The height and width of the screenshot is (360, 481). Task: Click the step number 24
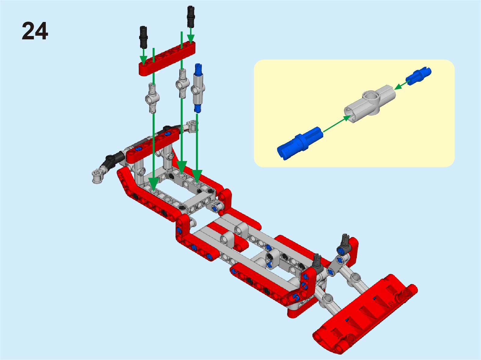coord(35,31)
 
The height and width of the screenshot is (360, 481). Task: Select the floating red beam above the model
coord(167,59)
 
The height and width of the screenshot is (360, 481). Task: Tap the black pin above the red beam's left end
coord(143,37)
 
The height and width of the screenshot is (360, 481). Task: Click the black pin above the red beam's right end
coord(191,17)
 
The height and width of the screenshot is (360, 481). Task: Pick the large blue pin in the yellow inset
coord(300,143)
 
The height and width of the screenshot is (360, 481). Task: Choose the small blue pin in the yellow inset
coord(418,76)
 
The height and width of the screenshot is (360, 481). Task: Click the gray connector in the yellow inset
coord(370,104)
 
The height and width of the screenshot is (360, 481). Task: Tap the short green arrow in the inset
coord(402,85)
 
